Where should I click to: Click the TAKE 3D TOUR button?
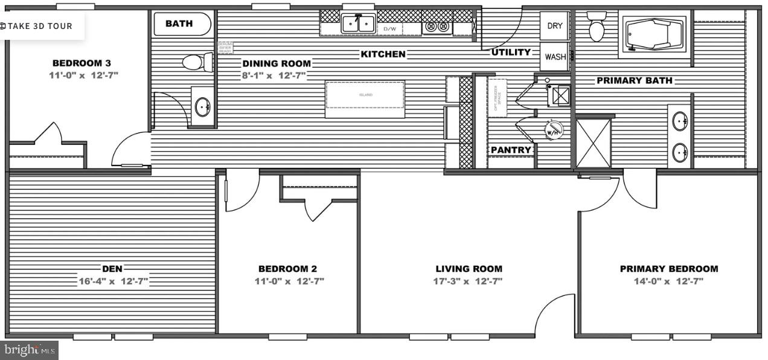[x=37, y=26]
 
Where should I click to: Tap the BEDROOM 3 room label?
[x=82, y=63]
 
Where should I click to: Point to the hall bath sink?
[x=202, y=107]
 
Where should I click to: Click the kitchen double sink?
[x=358, y=24]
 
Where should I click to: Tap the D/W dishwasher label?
[x=389, y=28]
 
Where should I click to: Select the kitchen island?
[x=365, y=99]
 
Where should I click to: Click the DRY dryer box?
[x=554, y=26]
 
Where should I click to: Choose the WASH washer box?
[x=555, y=57]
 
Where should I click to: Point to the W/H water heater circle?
[x=554, y=129]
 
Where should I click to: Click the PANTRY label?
[x=511, y=150]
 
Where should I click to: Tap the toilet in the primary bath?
[x=597, y=27]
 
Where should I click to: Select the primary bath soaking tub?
[x=654, y=34]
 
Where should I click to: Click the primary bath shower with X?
[x=593, y=143]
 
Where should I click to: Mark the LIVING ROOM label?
[x=469, y=269]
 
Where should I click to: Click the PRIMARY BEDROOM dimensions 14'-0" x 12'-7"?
[x=668, y=281]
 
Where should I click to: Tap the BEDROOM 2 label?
[x=287, y=269]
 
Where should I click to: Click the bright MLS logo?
[x=30, y=350]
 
